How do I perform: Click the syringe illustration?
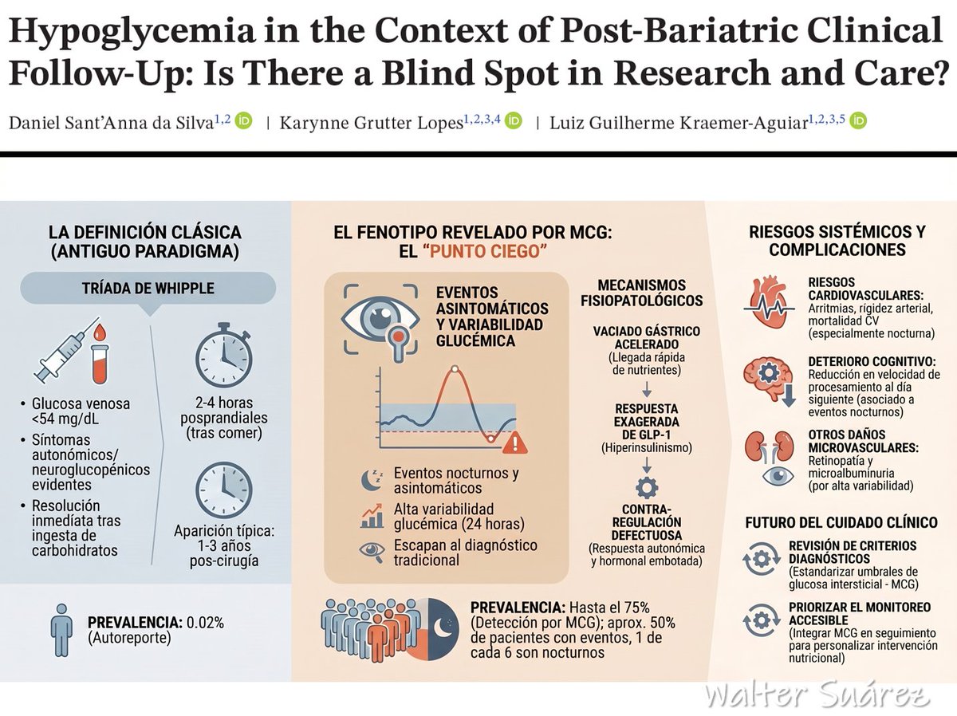[x=68, y=351]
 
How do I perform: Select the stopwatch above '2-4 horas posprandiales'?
[x=223, y=355]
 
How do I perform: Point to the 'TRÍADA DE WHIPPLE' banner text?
[x=148, y=288]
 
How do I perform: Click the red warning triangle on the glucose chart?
[x=515, y=443]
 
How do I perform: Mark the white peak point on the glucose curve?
[x=455, y=369]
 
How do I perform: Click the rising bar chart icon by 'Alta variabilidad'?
[x=372, y=516]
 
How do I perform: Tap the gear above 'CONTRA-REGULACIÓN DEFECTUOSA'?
[x=647, y=487]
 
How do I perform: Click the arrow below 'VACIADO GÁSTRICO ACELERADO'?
[x=647, y=389]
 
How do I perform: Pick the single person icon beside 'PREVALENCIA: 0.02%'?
[x=61, y=630]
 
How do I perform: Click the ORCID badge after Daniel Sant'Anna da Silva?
[x=244, y=120]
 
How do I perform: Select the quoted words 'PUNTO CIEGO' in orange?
[x=486, y=251]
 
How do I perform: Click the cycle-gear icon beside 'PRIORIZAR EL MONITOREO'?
[x=762, y=620]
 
